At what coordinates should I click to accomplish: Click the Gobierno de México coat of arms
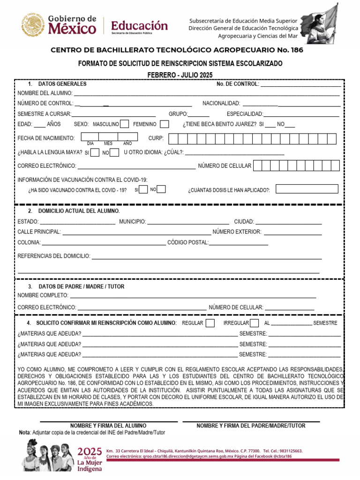(x=33, y=25)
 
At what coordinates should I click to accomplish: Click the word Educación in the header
(x=139, y=25)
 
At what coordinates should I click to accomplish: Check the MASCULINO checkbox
(x=124, y=124)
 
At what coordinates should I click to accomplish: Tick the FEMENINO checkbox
(x=165, y=124)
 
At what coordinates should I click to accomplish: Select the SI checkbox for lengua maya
(x=95, y=152)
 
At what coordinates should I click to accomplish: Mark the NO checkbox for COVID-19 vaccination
(x=161, y=189)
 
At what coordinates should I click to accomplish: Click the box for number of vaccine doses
(x=307, y=189)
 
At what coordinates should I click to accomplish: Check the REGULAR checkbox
(x=210, y=323)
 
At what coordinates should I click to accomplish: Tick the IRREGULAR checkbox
(x=255, y=323)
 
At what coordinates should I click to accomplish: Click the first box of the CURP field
(x=173, y=138)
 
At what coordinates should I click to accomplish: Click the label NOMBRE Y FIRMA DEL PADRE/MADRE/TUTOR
(x=251, y=426)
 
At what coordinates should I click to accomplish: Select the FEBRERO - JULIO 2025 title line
(x=180, y=75)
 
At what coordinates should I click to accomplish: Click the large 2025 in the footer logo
(x=90, y=452)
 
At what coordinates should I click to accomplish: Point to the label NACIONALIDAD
(x=221, y=103)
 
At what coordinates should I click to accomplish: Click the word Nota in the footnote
(x=23, y=432)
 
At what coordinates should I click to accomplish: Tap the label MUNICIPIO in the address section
(x=132, y=222)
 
